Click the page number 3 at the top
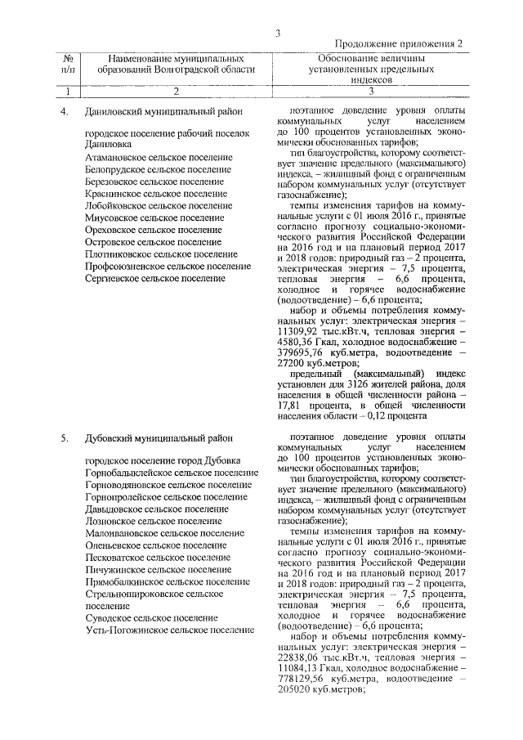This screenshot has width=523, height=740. click(278, 33)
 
